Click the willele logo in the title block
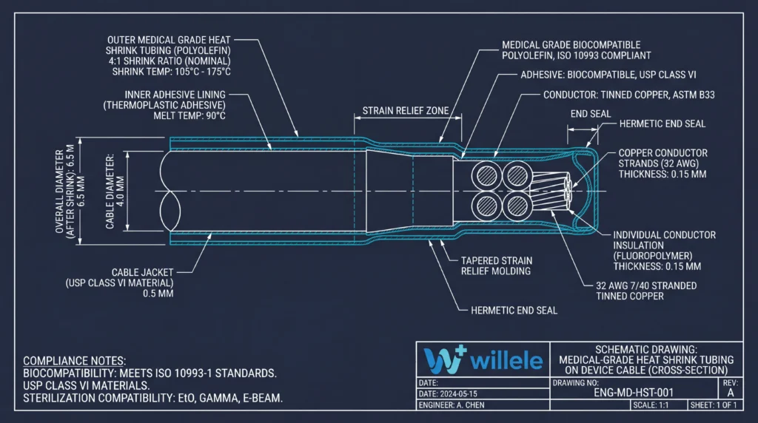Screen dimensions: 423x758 pos(482,360)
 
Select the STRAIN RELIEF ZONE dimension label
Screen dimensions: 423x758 pos(406,111)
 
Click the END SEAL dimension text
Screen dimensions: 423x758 pos(590,114)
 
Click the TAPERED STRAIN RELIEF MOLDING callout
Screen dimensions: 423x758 pos(496,265)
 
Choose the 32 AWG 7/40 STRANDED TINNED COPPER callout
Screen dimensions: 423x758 pos(646,291)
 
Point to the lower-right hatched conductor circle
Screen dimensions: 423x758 pos(515,203)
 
